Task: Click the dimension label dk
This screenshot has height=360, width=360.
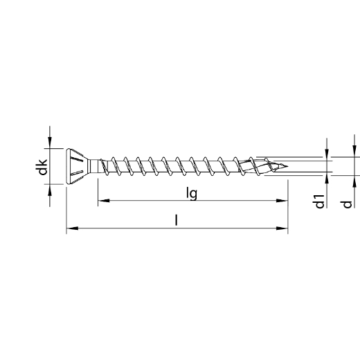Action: coord(43,167)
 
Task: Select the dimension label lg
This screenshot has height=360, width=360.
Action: coord(192,193)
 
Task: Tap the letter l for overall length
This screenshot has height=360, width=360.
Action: coord(177,219)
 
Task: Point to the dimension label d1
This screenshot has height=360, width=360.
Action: coord(320,201)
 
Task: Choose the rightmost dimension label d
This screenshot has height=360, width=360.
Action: coord(348,204)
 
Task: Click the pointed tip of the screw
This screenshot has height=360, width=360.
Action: coord(287,166)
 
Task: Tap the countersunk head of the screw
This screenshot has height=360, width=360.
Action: coord(78,166)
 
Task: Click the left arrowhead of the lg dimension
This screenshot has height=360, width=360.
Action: coord(104,201)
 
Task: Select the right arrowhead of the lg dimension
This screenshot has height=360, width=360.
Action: coord(282,201)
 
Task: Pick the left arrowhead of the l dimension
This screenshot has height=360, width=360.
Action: coord(72,228)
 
